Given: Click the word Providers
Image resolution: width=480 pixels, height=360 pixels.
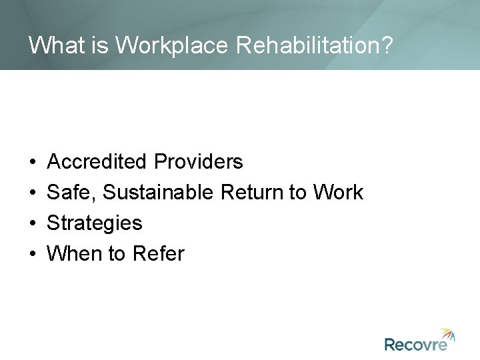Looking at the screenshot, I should (198, 162).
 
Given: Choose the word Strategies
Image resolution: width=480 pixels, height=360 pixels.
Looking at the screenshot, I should (95, 223).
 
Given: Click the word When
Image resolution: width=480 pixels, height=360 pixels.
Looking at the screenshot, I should (73, 254).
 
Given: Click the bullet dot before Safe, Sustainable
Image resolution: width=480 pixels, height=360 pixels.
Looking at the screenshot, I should (33, 193).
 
